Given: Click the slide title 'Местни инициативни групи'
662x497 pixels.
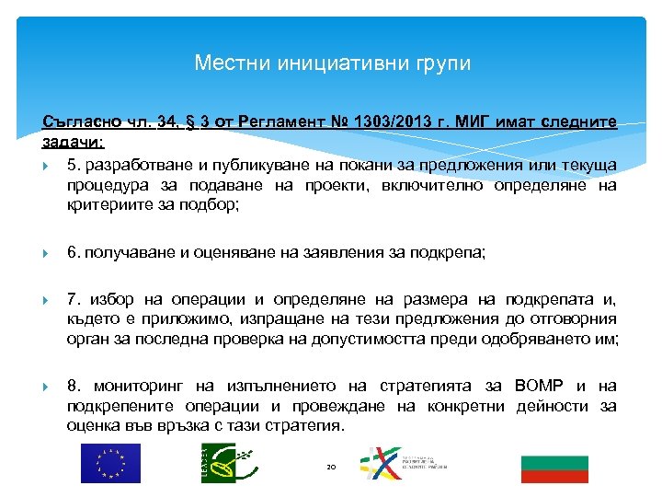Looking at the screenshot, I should coord(332,64).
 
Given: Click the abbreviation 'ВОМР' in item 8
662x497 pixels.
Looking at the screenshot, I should coord(546,386).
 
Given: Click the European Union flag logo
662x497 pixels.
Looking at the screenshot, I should coord(110,463).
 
